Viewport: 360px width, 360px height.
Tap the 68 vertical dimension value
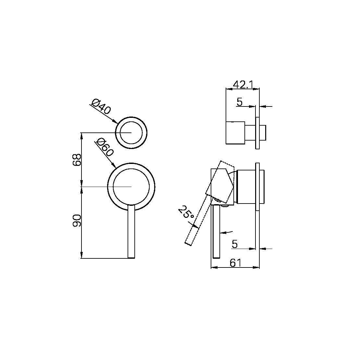(x=77, y=160)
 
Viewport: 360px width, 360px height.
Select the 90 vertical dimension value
(x=77, y=220)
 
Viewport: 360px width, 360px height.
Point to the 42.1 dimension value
(x=243, y=84)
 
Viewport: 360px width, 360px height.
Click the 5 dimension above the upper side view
(x=239, y=102)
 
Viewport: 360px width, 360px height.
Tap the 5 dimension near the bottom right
(x=235, y=244)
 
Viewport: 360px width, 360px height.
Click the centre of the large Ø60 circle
(x=131, y=187)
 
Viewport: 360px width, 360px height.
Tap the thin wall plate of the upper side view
(x=257, y=133)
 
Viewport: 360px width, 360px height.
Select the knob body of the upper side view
(x=235, y=133)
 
